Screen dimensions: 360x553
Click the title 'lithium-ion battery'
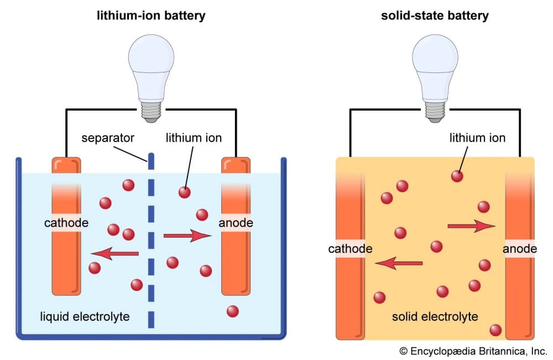pos(150,15)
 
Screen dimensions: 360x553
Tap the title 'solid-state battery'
pos(435,15)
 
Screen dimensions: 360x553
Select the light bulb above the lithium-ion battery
pos(151,61)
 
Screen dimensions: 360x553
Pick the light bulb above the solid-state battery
pos(435,61)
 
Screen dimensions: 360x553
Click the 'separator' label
pos(108,137)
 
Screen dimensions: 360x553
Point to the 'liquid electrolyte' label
pos(85,316)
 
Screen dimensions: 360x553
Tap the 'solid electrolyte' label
pos(435,316)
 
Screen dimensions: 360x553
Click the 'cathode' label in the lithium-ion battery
pos(66,223)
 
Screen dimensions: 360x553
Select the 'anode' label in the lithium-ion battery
pos(236,223)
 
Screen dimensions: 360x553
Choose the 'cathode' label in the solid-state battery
pos(350,249)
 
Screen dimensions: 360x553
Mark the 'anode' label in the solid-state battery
pos(519,249)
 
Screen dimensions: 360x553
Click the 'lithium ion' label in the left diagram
pos(194,137)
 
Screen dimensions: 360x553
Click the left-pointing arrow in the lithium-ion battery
pos(114,254)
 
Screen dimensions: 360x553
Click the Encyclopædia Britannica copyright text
pos(473,351)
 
